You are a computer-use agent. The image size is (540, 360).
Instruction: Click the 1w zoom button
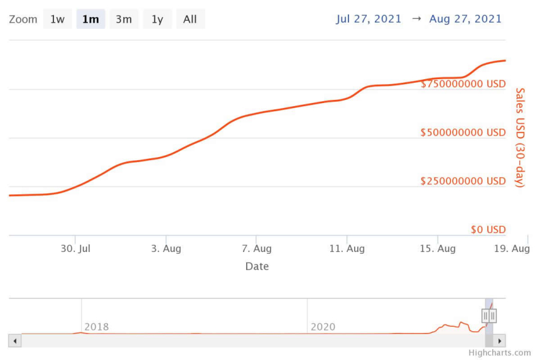(x=57, y=19)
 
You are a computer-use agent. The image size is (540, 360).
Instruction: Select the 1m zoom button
(x=90, y=19)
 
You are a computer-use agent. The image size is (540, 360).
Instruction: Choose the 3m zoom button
(x=124, y=19)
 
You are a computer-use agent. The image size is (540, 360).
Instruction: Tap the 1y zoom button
(x=157, y=19)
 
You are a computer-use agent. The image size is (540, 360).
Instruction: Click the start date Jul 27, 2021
(x=369, y=19)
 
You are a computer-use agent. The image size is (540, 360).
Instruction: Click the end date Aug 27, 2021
(x=465, y=19)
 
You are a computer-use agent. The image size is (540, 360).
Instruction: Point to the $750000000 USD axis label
(x=463, y=84)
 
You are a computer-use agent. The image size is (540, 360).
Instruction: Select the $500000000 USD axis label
(x=463, y=133)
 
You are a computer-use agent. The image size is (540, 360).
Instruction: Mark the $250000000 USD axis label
(x=463, y=181)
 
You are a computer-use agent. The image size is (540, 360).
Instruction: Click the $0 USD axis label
(x=489, y=230)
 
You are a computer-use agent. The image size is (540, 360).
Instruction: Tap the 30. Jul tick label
(x=76, y=249)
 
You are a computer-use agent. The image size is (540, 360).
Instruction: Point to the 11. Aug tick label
(x=347, y=249)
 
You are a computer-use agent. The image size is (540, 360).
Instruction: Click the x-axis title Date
(x=257, y=266)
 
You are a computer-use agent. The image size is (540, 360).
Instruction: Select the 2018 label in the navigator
(x=96, y=327)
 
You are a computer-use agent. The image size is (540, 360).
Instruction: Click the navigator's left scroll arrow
(x=15, y=341)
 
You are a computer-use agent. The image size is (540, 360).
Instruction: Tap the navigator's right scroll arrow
(x=500, y=341)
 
